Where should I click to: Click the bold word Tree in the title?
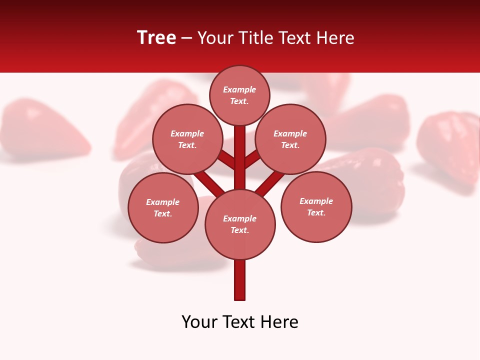coord(156,38)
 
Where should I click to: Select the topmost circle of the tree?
coord(239,95)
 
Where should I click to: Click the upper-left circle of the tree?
coord(187,139)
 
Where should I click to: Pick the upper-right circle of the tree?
coord(290,139)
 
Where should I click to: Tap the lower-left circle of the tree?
coord(162,208)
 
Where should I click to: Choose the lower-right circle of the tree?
coord(316,207)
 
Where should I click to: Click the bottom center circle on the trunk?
coord(240,224)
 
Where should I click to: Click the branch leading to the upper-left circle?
coord(226,159)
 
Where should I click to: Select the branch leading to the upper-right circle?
coord(253,159)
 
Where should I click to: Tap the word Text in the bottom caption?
coord(239,322)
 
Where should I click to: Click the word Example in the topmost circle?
coord(239,89)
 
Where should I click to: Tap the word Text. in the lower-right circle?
coord(316,213)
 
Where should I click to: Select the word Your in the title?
coord(215,38)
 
